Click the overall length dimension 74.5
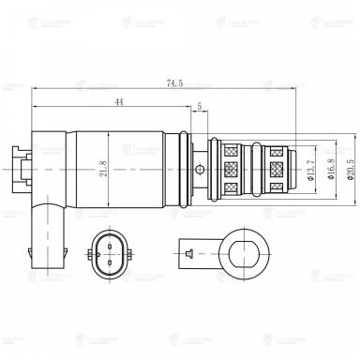click(x=173, y=83)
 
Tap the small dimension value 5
click(x=199, y=107)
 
